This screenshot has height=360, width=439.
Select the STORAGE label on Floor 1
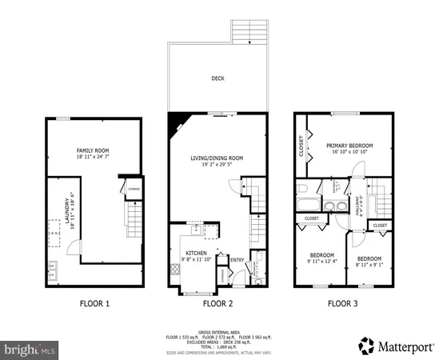pyautogui.click(x=133, y=189)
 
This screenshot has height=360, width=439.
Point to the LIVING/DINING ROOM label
pyautogui.click(x=216, y=158)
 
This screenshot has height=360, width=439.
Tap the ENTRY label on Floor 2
pyautogui.click(x=237, y=259)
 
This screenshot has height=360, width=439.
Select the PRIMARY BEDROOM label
pyautogui.click(x=349, y=146)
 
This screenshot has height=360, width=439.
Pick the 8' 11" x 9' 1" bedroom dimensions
pyautogui.click(x=368, y=264)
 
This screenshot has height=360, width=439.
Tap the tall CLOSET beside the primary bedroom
pyautogui.click(x=301, y=149)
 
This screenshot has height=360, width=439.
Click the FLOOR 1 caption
pyautogui.click(x=94, y=304)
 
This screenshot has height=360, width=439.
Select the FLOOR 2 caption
pyautogui.click(x=217, y=304)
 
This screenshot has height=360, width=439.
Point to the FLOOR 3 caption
pyautogui.click(x=345, y=304)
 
